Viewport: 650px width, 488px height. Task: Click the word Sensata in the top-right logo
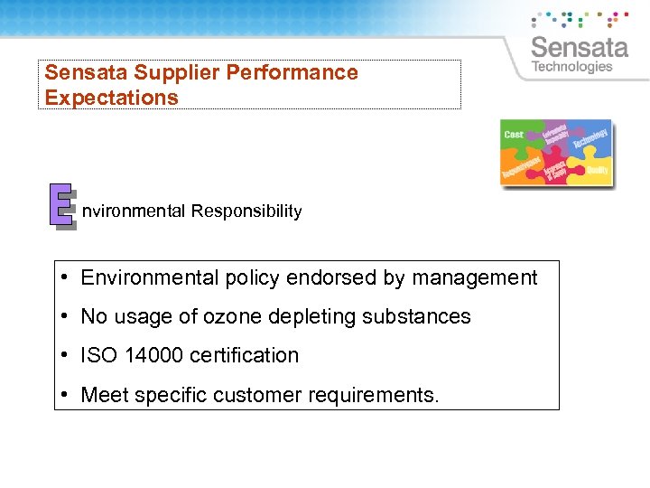tap(579, 46)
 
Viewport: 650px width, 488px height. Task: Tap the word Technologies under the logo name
tap(571, 67)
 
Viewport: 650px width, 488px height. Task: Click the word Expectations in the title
tap(111, 98)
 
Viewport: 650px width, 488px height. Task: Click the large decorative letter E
tap(61, 205)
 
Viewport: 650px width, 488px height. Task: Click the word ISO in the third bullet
tap(99, 355)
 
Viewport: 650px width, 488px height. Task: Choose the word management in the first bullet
tap(474, 277)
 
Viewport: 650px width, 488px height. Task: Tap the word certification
tap(245, 355)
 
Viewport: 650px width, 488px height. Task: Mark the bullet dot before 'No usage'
tap(67, 316)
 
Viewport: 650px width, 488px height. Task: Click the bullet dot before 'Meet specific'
tap(67, 395)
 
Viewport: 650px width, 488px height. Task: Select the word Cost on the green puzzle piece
tap(514, 135)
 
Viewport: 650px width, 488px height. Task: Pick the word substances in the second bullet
tap(422, 316)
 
